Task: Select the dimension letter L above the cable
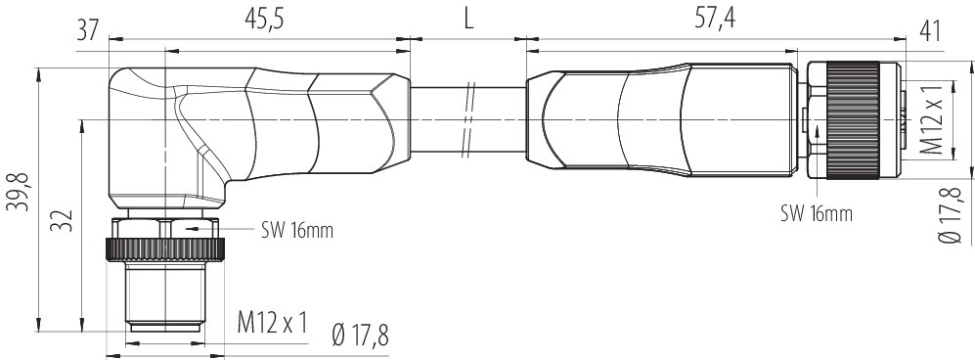point(468,20)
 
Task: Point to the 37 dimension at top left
point(88,30)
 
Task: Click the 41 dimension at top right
point(928,31)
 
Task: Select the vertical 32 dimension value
point(64,220)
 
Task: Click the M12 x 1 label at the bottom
point(273,323)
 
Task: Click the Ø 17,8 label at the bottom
point(360,336)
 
